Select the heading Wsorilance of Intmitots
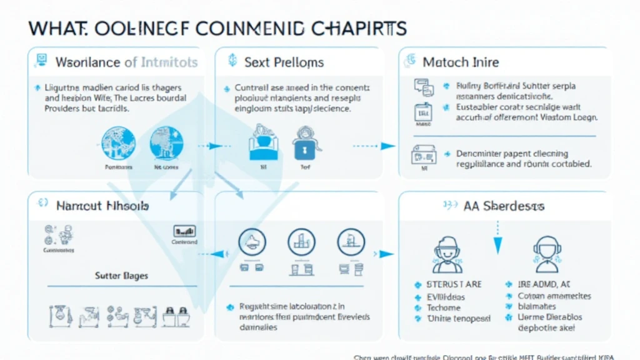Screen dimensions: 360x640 [126, 62]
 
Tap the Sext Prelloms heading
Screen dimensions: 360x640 [284, 62]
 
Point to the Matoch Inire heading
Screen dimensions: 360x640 [460, 62]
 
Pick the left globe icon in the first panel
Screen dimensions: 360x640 [114, 142]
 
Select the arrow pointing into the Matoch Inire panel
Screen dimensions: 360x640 [387, 146]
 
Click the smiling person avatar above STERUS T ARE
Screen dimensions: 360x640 [447, 254]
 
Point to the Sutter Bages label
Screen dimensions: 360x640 [121, 275]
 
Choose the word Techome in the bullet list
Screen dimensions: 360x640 [444, 307]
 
